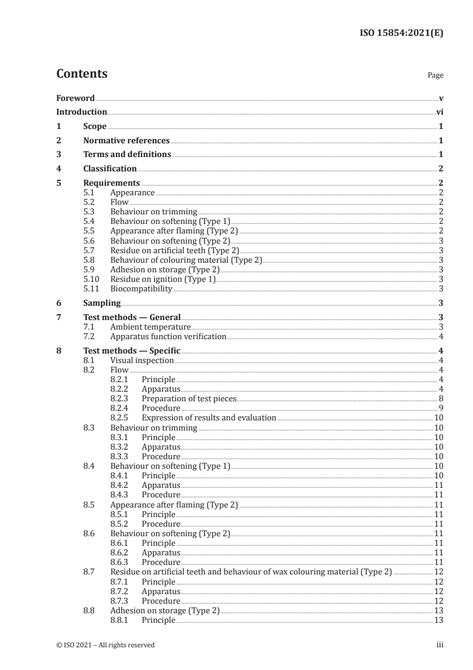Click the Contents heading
pyautogui.click(x=82, y=74)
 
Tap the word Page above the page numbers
pyautogui.click(x=435, y=76)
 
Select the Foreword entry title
pyautogui.click(x=75, y=98)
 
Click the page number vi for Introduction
pyautogui.click(x=439, y=112)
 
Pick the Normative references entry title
pyautogui.click(x=126, y=141)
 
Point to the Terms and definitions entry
pyautogui.click(x=127, y=155)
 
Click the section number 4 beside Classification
pyautogui.click(x=58, y=169)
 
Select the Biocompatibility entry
pyautogui.click(x=141, y=289)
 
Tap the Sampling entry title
pyautogui.click(x=102, y=303)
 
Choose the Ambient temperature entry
pyautogui.click(x=150, y=327)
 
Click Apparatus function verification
pyautogui.click(x=168, y=337)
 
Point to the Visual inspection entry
pyautogui.click(x=142, y=361)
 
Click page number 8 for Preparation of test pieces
pyautogui.click(x=440, y=399)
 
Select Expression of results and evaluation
pyautogui.click(x=209, y=418)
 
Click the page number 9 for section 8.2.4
pyautogui.click(x=440, y=408)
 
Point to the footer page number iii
pyautogui.click(x=440, y=645)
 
